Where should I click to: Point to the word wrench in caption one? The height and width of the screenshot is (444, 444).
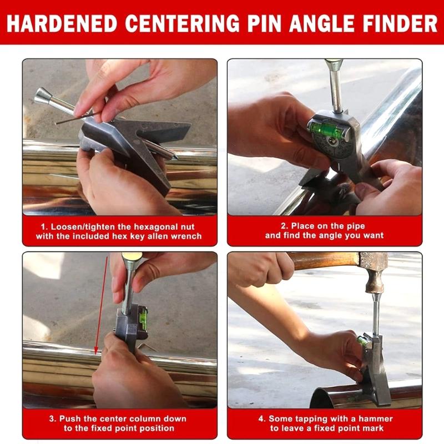[187, 236]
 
